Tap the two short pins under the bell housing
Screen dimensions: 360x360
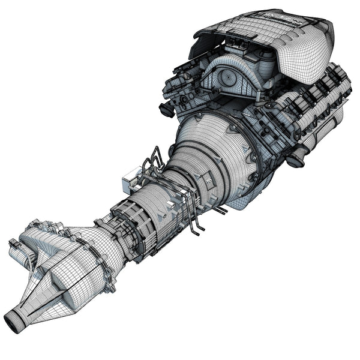[x=220, y=209]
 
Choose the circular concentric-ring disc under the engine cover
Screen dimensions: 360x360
[x=228, y=78]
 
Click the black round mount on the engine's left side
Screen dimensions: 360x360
[x=167, y=110]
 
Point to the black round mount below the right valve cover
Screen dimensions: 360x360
[x=295, y=160]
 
